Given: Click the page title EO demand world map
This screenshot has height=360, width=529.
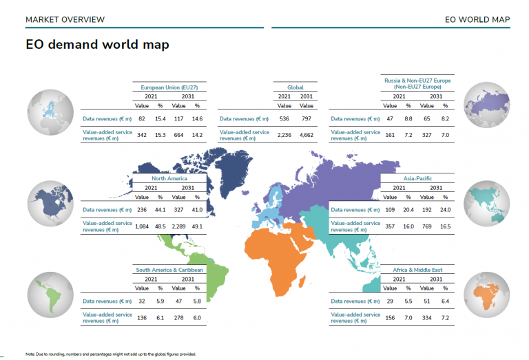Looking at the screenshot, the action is pyautogui.click(x=97, y=45).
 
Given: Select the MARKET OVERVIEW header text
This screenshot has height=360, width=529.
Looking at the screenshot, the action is pyautogui.click(x=65, y=19).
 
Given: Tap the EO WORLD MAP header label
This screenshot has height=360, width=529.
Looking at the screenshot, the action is pyautogui.click(x=477, y=19).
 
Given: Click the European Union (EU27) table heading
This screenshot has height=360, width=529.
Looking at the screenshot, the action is pyautogui.click(x=169, y=87).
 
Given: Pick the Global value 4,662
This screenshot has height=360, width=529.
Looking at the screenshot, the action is pyautogui.click(x=307, y=135).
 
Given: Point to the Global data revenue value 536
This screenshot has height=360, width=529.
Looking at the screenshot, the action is pyautogui.click(x=284, y=118).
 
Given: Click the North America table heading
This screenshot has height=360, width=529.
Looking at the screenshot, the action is pyautogui.click(x=169, y=178).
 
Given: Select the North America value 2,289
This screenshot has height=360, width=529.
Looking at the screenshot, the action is pyautogui.click(x=178, y=226).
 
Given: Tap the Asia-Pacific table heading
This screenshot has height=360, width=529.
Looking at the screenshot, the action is pyautogui.click(x=417, y=178).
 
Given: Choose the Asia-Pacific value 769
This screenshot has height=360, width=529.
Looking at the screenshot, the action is pyautogui.click(x=427, y=226).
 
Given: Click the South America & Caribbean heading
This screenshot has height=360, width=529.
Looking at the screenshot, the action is pyautogui.click(x=169, y=270).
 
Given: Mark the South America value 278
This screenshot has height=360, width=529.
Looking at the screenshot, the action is pyautogui.click(x=178, y=317).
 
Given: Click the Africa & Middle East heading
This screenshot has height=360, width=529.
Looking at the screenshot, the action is pyautogui.click(x=417, y=270).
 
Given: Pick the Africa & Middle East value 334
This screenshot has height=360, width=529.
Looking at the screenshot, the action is pyautogui.click(x=427, y=317).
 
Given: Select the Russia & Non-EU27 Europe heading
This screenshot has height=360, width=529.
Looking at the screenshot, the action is pyautogui.click(x=417, y=83).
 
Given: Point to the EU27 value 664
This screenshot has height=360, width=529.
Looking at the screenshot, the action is pyautogui.click(x=178, y=135).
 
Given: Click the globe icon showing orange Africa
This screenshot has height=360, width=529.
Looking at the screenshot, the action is pyautogui.click(x=486, y=295).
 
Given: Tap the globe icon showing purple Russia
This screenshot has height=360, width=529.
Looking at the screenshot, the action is pyautogui.click(x=486, y=105).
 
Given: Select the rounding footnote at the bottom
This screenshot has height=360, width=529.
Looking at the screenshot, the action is pyautogui.click(x=111, y=354).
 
